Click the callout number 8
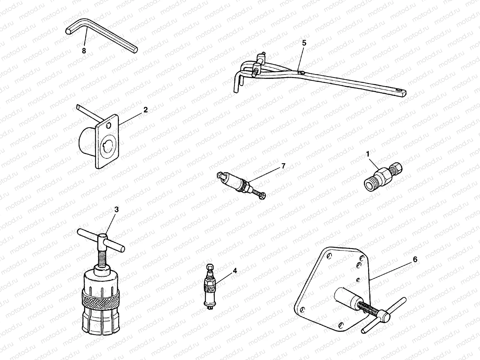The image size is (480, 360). pyautogui.click(x=84, y=51)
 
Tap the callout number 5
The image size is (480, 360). pyautogui.click(x=304, y=43)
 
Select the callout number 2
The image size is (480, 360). pyautogui.click(x=145, y=110)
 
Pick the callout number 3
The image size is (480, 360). pyautogui.click(x=116, y=209)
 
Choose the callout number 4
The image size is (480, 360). pyautogui.click(x=235, y=271)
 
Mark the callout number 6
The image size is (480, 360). pyautogui.click(x=415, y=259)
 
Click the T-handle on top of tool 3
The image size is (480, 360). pyautogui.click(x=100, y=240)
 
